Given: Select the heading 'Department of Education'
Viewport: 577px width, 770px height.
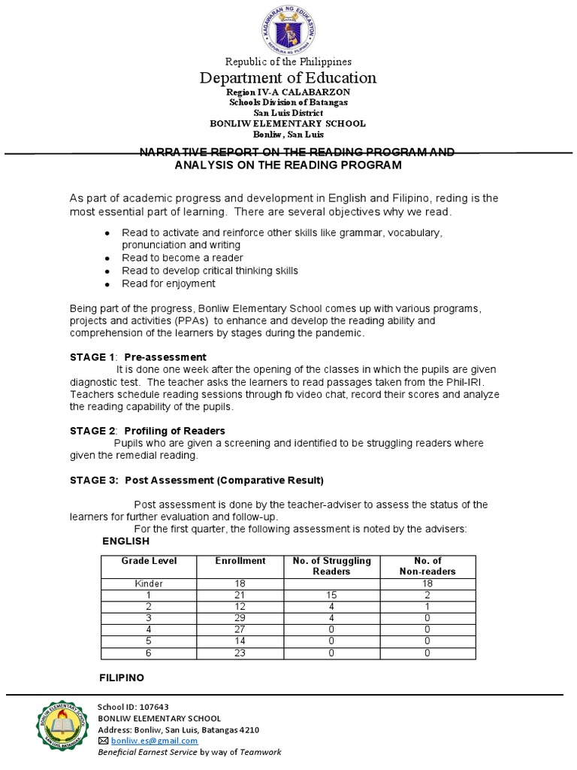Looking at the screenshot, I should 288,77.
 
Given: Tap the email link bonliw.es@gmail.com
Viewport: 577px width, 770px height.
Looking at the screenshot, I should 147,740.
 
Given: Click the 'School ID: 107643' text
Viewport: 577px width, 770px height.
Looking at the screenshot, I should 134,706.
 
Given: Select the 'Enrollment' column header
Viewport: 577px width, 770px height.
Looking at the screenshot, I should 240,561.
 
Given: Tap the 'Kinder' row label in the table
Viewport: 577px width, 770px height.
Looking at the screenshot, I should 148,583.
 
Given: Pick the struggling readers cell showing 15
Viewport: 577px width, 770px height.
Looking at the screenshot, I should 331,594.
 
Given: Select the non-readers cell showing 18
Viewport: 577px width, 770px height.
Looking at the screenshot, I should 427,583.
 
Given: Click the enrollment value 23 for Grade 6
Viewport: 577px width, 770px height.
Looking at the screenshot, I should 240,653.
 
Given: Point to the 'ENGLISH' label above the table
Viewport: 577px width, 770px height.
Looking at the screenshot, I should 125,541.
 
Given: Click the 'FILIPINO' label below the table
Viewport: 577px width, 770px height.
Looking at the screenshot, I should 122,678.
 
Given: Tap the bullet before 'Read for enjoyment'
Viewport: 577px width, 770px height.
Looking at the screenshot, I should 109,284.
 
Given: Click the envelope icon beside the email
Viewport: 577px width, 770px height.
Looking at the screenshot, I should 103,740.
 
